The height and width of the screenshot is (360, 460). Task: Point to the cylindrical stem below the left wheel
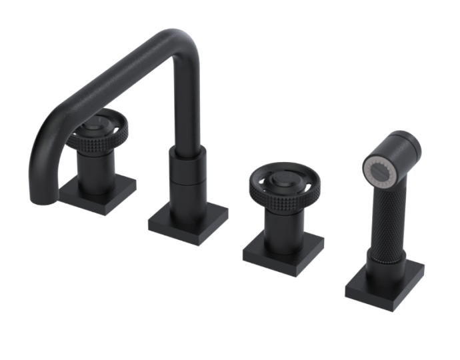(97, 167)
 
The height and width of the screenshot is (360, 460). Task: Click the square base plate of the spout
(187, 220)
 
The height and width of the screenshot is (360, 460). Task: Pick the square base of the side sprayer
(385, 280)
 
